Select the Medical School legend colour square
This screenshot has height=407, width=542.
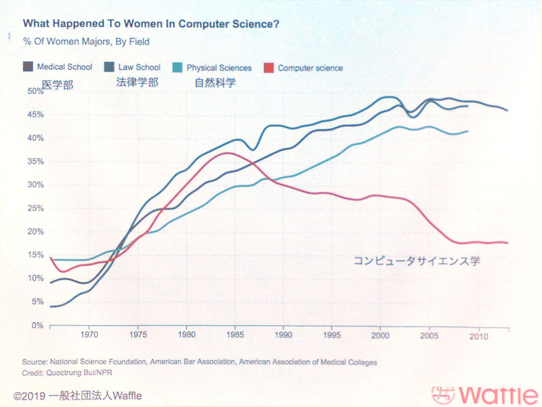[x=28, y=67]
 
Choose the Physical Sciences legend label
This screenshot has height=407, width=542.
[x=219, y=68]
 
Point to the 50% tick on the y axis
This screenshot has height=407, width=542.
[x=33, y=91]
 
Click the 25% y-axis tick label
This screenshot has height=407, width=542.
[x=33, y=208]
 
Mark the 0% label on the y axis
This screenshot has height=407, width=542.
[x=36, y=326]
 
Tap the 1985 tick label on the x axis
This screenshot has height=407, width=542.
[x=234, y=336]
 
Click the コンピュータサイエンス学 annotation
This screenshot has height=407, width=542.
[x=416, y=260]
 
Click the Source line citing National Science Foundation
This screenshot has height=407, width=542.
[x=199, y=363]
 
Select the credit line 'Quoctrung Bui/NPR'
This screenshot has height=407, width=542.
[x=70, y=373]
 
